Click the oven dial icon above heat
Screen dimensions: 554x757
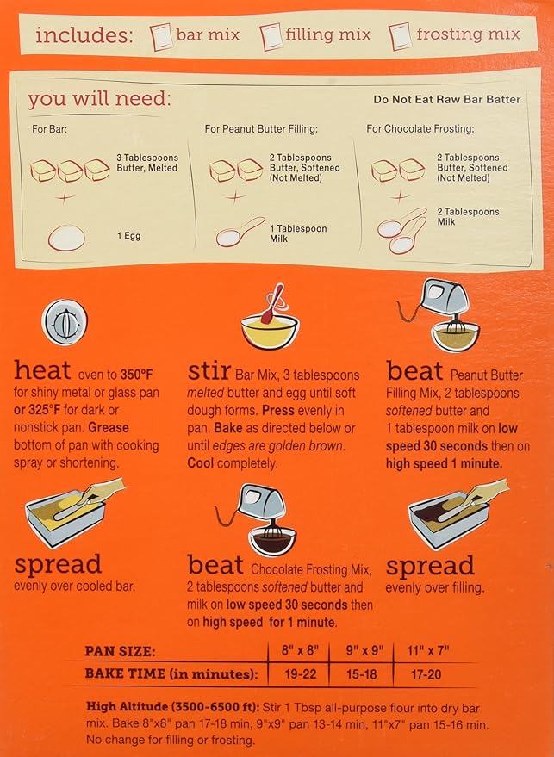coord(65,322)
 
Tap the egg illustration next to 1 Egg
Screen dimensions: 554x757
coord(66,238)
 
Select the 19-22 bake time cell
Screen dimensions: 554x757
coord(300,674)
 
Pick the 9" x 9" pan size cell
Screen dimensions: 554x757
coord(364,650)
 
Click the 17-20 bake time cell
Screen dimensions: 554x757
coord(426,674)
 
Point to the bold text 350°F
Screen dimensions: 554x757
coord(137,375)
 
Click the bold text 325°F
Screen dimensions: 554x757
coord(42,410)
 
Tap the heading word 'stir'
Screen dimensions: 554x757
coord(209,370)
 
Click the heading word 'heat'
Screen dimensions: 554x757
coord(42,370)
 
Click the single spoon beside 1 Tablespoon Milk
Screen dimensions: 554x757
coord(240,233)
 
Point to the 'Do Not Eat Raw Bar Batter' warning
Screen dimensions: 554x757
coord(447,99)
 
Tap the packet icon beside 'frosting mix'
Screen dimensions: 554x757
coord(401,35)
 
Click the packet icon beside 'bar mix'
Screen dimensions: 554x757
coord(161,36)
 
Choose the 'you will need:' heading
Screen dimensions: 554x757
coord(99,98)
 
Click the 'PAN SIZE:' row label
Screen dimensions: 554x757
coord(121,651)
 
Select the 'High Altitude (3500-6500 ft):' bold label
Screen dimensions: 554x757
coord(173,707)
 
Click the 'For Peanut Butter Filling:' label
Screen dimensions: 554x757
coord(261,129)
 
